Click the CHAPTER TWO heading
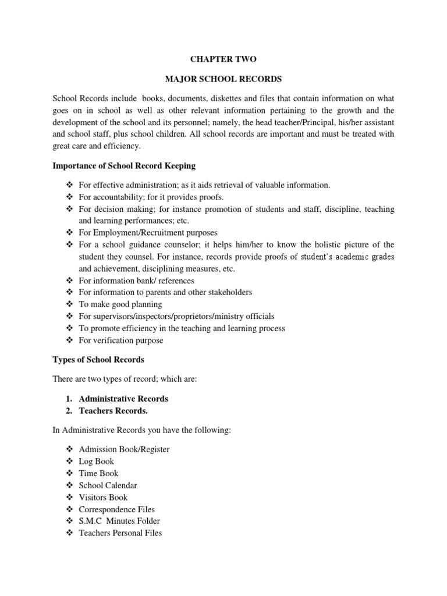tap(223, 59)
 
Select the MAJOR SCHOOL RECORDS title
tap(223, 78)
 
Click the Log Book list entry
tap(96, 461)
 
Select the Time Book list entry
tap(98, 473)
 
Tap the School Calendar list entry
tap(108, 485)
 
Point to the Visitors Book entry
tap(102, 497)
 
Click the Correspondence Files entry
tap(116, 509)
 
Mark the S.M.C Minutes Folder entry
tap(119, 521)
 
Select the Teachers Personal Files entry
tap(120, 533)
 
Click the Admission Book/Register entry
tap(124, 449)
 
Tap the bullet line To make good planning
tap(120, 304)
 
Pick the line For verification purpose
tap(120, 340)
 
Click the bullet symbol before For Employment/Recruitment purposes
tap(70, 232)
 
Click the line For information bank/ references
tap(136, 281)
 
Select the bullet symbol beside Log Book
tap(70, 461)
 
